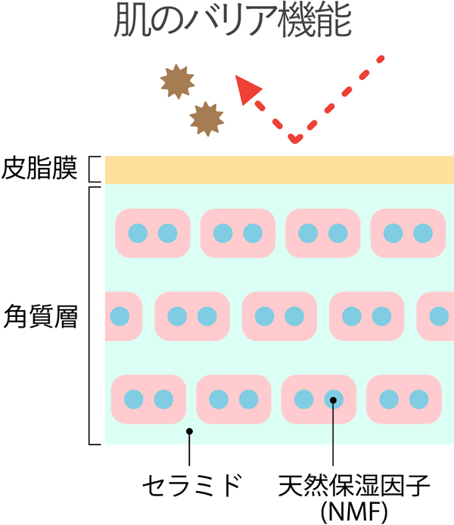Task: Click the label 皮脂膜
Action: pyautogui.click(x=40, y=169)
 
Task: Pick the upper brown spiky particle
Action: pyautogui.click(x=176, y=81)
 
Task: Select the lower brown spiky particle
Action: pyautogui.click(x=207, y=118)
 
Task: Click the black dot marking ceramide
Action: pyautogui.click(x=189, y=431)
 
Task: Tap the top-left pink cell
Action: pyautogui.click(x=151, y=232)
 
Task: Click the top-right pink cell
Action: pyautogui.click(x=408, y=232)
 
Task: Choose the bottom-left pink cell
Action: pyautogui.click(x=148, y=399)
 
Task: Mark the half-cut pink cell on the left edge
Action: pyautogui.click(x=123, y=315)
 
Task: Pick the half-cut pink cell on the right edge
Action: pyautogui.click(x=437, y=315)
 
